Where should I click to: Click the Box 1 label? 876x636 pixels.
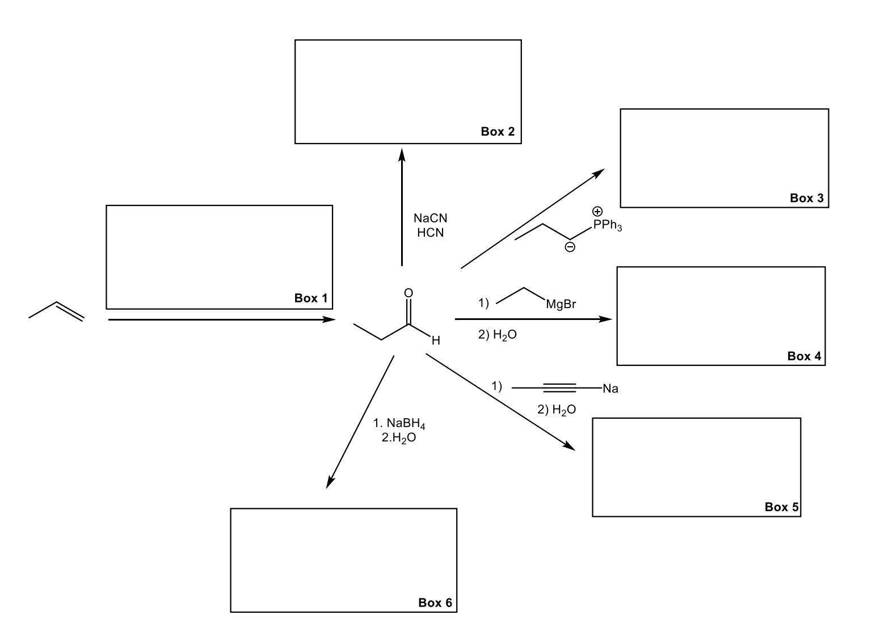[310, 298]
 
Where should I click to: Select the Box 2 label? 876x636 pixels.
[498, 132]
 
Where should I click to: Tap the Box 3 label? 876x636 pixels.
[806, 198]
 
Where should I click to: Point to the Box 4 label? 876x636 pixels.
[804, 356]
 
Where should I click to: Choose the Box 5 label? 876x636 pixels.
[781, 507]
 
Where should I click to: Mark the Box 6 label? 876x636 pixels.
[435, 603]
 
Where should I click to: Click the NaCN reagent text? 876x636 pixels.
[430, 218]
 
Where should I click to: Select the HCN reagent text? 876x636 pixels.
[430, 233]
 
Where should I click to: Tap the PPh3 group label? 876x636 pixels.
[607, 226]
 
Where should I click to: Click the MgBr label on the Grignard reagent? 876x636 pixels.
[561, 305]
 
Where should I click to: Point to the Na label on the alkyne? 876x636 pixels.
[610, 389]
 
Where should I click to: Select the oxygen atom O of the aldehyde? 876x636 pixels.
[408, 293]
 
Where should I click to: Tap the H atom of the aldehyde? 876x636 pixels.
[435, 341]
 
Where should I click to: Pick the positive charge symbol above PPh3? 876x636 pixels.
[597, 211]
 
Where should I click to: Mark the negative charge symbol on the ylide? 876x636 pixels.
[570, 247]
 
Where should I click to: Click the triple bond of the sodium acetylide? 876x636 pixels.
[560, 388]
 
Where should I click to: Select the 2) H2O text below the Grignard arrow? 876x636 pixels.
[497, 335]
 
